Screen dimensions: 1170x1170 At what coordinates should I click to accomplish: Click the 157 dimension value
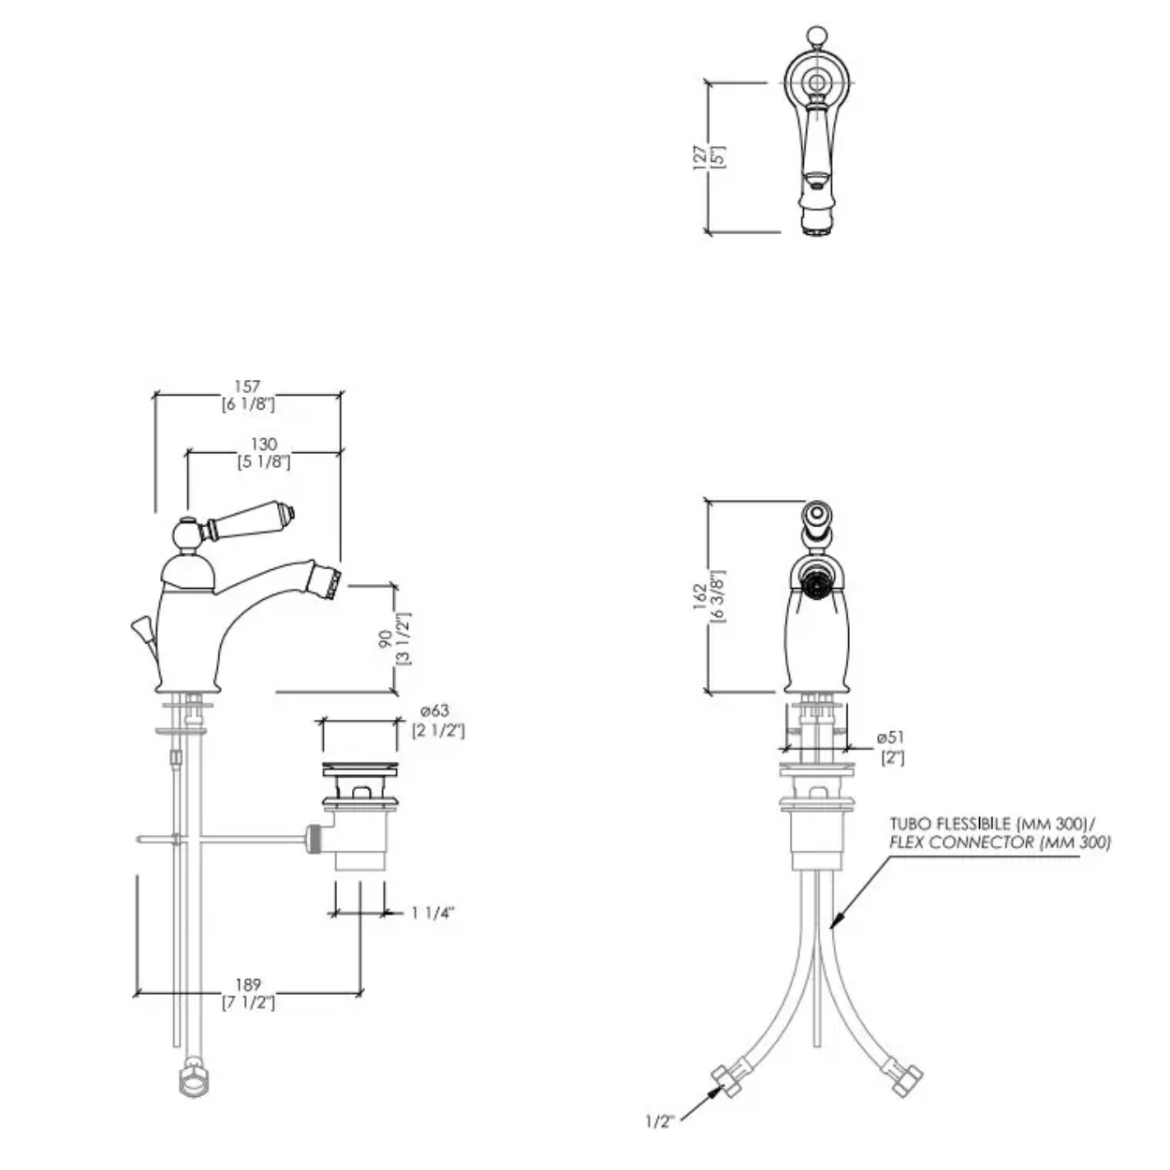pos(247,387)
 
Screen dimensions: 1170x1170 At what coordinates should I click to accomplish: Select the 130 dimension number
pos(264,444)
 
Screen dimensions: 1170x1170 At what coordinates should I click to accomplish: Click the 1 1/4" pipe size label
pos(432,929)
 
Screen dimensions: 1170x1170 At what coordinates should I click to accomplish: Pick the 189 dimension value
pos(248,985)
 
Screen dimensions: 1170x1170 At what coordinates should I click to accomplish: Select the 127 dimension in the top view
pos(700,157)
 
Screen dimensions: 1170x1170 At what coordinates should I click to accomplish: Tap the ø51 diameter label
pos(890,738)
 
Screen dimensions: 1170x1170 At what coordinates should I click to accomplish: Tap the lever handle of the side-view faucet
pos(250,520)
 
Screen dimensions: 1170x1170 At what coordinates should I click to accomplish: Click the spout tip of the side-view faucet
pos(326,582)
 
